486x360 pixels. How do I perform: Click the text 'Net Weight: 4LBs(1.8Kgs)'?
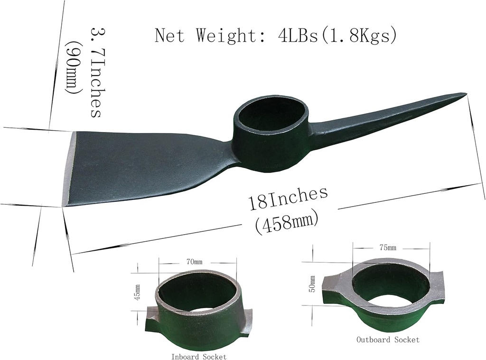point(275,36)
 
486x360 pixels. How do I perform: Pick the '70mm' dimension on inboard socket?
point(195,261)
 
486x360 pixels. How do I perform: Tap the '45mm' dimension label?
point(138,293)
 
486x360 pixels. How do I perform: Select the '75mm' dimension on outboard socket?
point(388,248)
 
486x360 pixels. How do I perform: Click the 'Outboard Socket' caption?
point(388,340)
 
